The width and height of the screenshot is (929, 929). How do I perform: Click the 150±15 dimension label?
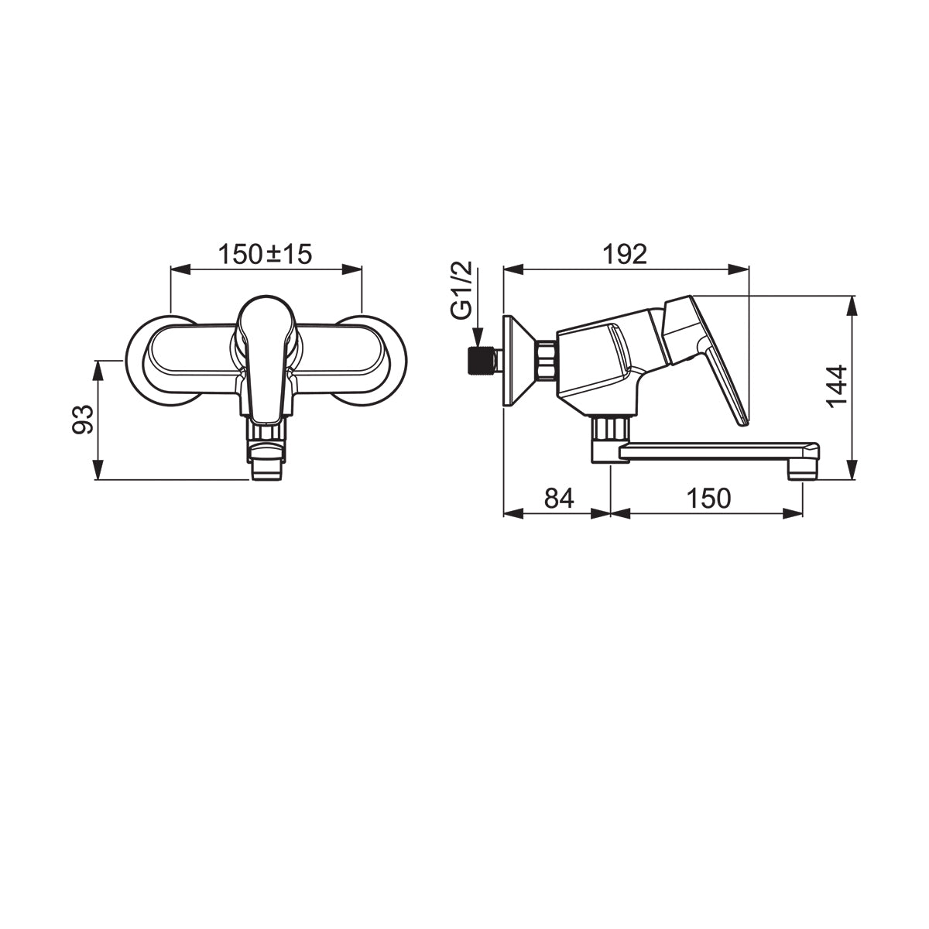266,254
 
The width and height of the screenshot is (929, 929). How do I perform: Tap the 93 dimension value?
82,420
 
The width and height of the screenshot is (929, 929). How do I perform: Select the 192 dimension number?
625,254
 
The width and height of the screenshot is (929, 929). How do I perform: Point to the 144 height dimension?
836,386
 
